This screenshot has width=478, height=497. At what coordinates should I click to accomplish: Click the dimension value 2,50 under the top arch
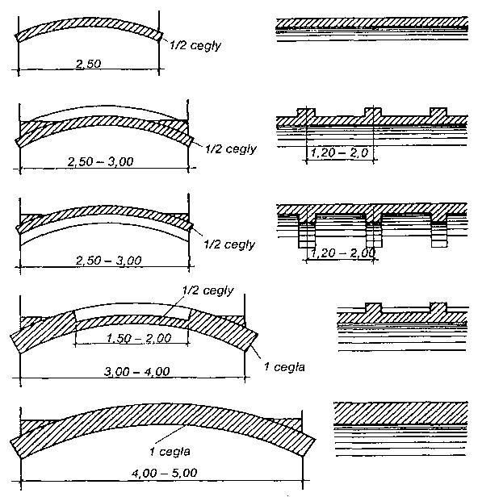[89, 64]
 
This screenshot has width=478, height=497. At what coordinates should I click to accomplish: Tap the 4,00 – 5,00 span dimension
[164, 473]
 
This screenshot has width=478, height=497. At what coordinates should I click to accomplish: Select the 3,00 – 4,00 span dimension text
[137, 371]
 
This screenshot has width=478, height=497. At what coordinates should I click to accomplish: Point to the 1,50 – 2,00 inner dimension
[139, 338]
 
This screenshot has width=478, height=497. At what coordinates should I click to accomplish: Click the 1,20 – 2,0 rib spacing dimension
[339, 152]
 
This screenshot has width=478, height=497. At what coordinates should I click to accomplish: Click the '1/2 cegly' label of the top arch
[195, 46]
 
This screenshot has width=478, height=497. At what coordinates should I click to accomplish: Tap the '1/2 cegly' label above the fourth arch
[208, 290]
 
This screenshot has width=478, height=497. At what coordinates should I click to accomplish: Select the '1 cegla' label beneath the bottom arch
[170, 451]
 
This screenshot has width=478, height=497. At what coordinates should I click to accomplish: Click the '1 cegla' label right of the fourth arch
[284, 367]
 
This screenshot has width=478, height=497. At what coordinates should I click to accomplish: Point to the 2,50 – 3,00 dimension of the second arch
[101, 161]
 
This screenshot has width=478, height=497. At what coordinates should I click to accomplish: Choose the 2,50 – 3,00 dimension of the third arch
[108, 261]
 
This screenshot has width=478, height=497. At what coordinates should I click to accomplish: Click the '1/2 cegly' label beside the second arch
[231, 149]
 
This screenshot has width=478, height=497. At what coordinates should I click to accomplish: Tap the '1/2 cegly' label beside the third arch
[229, 244]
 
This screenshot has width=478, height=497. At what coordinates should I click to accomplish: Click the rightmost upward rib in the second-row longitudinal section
[438, 112]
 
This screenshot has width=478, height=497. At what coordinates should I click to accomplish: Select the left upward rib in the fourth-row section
[374, 307]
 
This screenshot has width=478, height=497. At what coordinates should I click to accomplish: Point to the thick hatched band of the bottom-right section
[401, 413]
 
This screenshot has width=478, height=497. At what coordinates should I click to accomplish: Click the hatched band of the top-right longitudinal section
[372, 23]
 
